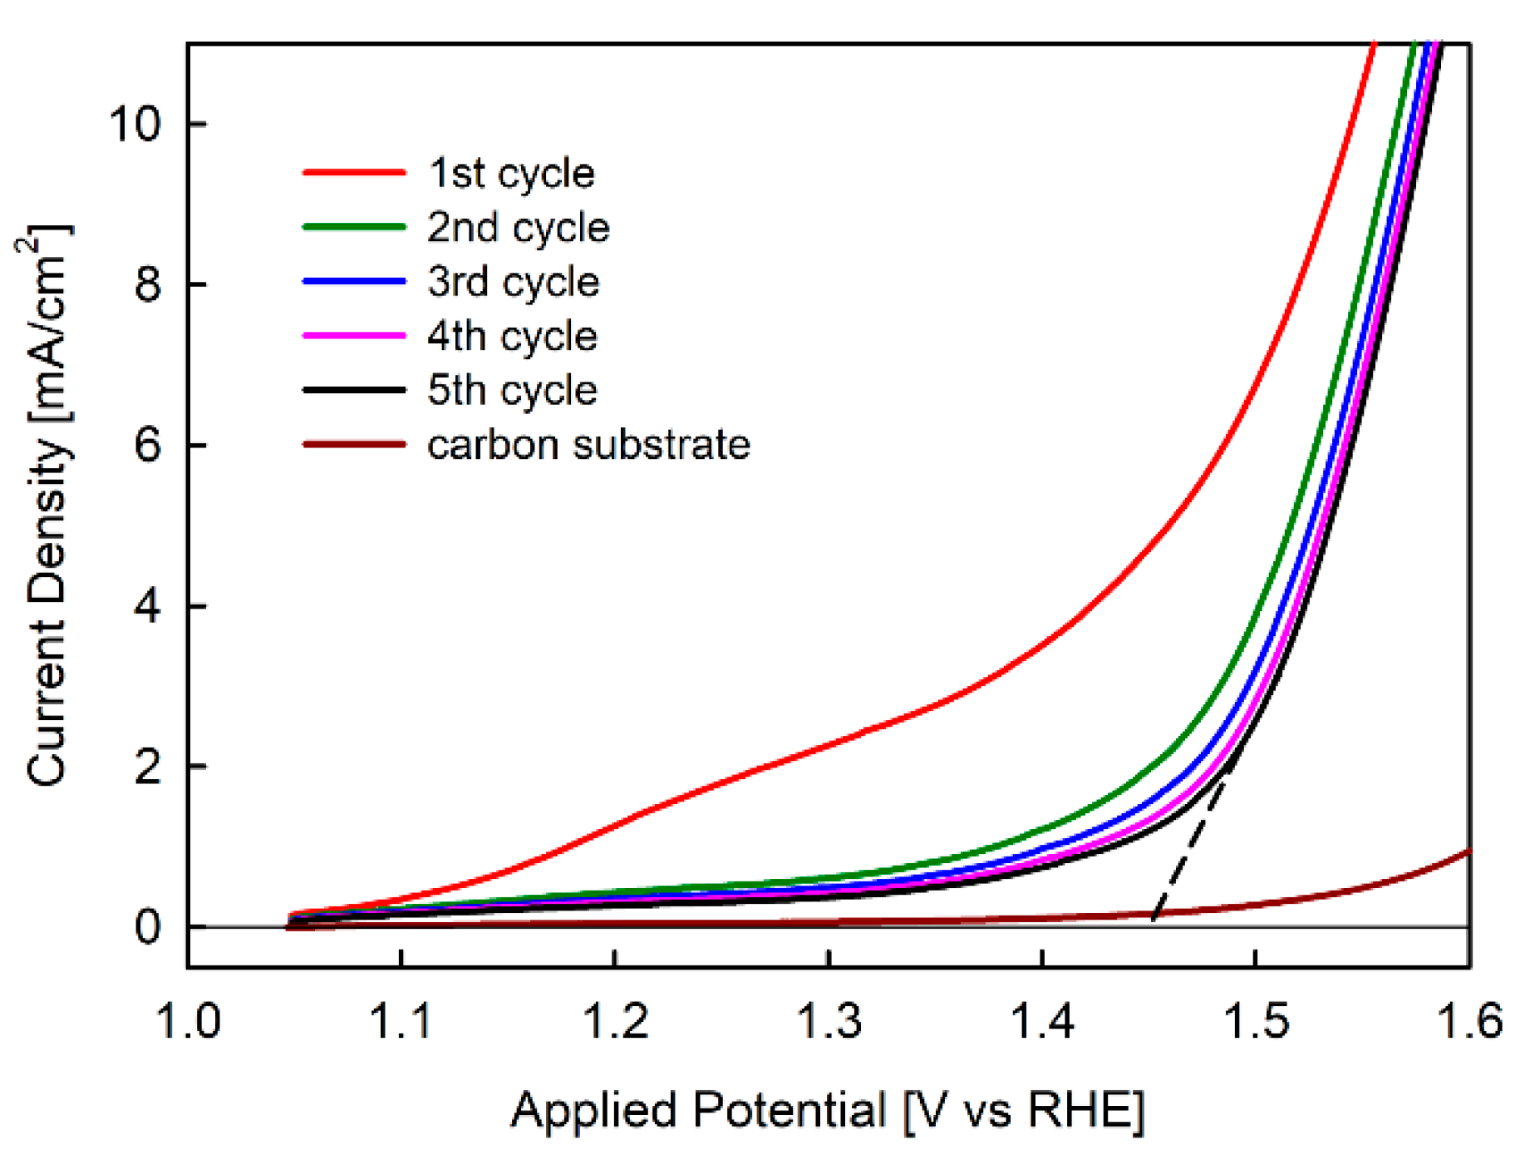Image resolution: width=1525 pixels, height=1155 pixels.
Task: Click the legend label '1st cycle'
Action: click(511, 173)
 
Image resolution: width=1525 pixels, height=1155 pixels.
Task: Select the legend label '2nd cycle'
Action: click(518, 227)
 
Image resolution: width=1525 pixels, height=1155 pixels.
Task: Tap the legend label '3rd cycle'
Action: click(513, 282)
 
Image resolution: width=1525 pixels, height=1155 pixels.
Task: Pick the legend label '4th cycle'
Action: click(512, 336)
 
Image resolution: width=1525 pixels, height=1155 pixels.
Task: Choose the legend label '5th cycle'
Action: click(512, 390)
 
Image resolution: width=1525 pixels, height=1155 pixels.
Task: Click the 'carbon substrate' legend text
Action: click(588, 445)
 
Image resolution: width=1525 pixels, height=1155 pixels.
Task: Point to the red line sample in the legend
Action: click(354, 173)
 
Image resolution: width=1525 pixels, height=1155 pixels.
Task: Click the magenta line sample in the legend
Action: click(354, 336)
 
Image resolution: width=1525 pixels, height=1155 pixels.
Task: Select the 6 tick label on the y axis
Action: click(147, 446)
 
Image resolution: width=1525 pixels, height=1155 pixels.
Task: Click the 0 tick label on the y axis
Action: click(147, 926)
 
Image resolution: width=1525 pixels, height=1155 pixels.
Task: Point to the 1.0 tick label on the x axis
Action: click(189, 1021)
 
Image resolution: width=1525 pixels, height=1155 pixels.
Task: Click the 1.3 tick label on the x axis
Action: click(829, 1021)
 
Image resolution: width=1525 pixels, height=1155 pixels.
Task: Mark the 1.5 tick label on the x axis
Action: click(1256, 1021)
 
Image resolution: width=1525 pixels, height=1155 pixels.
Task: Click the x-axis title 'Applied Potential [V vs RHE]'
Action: click(828, 1110)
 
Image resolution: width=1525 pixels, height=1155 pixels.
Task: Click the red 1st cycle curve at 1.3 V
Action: click(829, 743)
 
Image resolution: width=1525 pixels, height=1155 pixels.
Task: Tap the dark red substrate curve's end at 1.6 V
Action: click(1468, 851)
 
